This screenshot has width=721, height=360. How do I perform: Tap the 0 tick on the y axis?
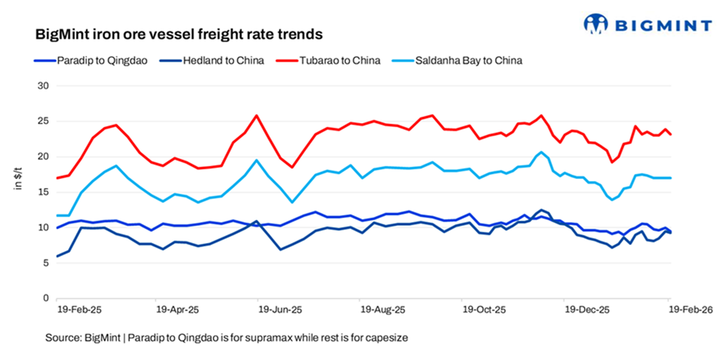pyautogui.click(x=44, y=298)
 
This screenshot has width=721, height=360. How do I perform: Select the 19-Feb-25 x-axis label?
pyautogui.click(x=80, y=309)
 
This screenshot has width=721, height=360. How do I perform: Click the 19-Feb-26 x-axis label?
pyautogui.click(x=690, y=309)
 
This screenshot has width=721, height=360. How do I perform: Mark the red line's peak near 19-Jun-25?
pyautogui.click(x=257, y=115)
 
